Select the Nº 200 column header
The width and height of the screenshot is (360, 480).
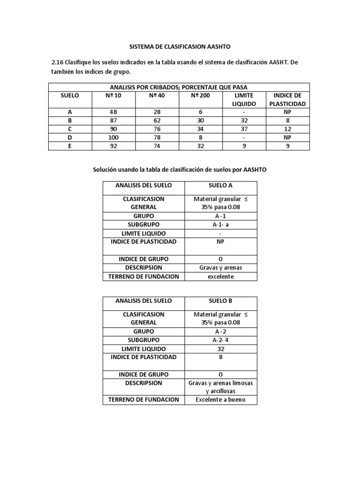[x=201, y=95]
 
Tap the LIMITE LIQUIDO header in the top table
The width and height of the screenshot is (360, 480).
[x=244, y=99]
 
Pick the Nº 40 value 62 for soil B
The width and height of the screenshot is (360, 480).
[x=157, y=120]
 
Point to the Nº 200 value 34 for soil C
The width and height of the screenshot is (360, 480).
[x=201, y=129]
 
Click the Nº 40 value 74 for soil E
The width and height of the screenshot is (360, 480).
[x=157, y=146]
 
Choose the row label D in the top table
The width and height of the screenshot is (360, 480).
[x=70, y=137]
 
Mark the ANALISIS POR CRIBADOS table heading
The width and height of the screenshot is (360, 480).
[x=179, y=87]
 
